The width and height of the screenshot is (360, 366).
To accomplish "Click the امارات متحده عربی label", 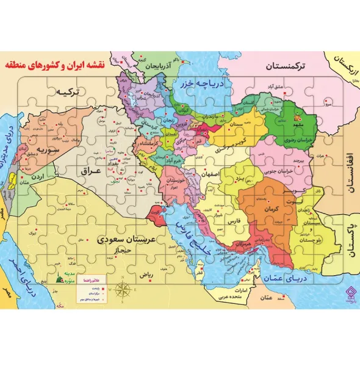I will (234, 295).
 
